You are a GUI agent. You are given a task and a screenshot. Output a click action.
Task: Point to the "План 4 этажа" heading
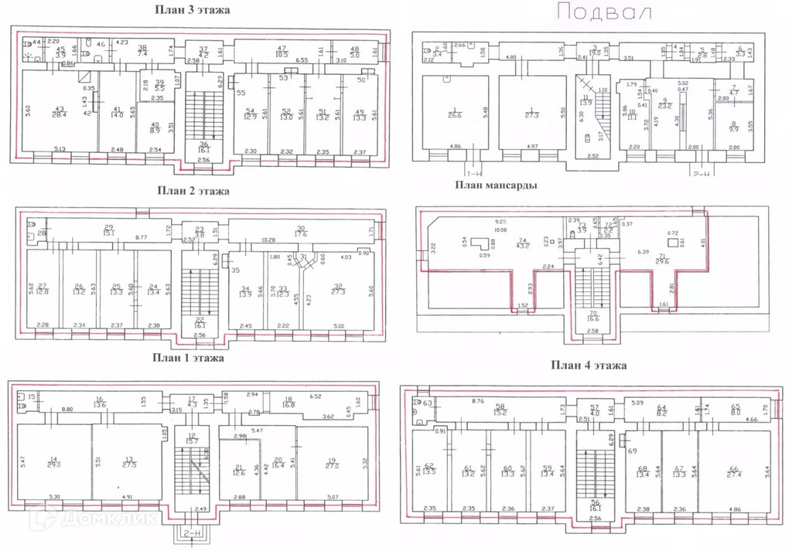(589, 365)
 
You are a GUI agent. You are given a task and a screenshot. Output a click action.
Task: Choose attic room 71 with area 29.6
(662, 259)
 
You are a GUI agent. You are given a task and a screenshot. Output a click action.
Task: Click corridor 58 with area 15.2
(500, 410)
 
